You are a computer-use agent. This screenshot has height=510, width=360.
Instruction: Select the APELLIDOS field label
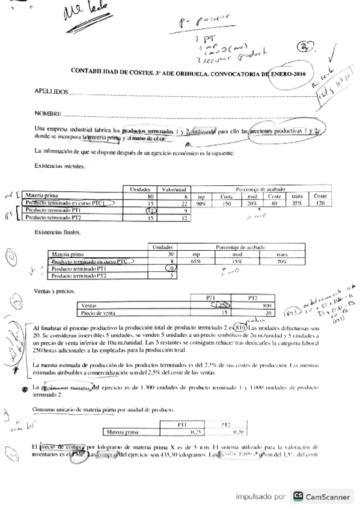pyautogui.click(x=51, y=93)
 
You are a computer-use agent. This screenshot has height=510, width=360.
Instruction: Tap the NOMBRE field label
pyautogui.click(x=48, y=113)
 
